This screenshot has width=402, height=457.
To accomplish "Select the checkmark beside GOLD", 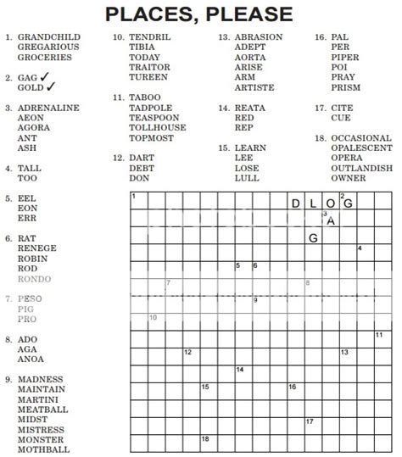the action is pyautogui.click(x=52, y=87).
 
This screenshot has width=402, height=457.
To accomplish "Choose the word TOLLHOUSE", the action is pyautogui.click(x=158, y=128).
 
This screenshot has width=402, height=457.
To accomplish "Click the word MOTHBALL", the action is pyautogui.click(x=43, y=449).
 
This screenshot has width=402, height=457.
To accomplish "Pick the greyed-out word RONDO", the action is pyautogui.click(x=34, y=279).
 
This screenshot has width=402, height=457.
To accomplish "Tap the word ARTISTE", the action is pyautogui.click(x=254, y=87).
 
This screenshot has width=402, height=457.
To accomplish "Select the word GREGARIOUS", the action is pyautogui.click(x=48, y=47).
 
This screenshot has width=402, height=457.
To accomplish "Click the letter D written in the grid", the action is pyautogui.click(x=295, y=203).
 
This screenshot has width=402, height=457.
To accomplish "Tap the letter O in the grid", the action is pyautogui.click(x=330, y=203).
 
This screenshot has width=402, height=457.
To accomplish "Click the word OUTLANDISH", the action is pyautogui.click(x=362, y=168).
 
